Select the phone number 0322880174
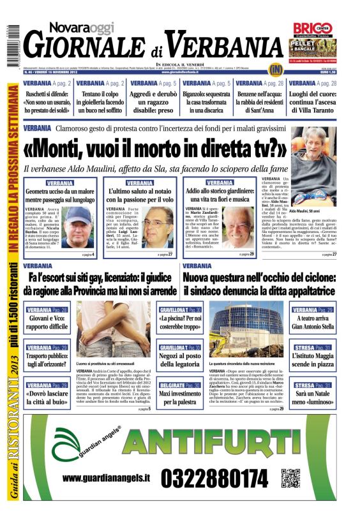click(x=214, y=477)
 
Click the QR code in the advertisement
click(x=291, y=478)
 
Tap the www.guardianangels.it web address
click(x=107, y=478)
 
